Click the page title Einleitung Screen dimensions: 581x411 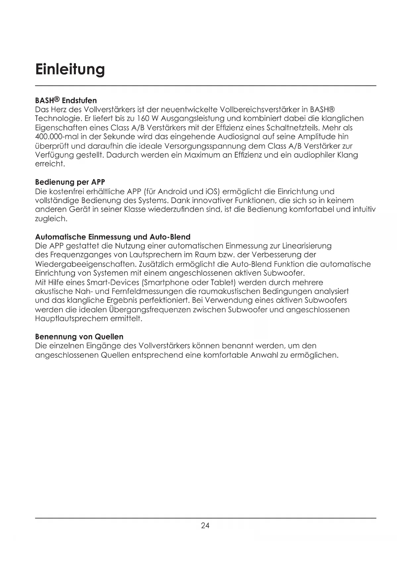pyautogui.click(x=70, y=69)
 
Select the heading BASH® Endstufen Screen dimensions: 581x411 pyautogui.click(x=66, y=100)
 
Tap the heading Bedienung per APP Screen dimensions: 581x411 pyautogui.click(x=70, y=182)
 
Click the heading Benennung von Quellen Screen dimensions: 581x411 pyautogui.click(x=79, y=337)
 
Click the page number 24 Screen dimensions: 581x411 pyautogui.click(x=205, y=526)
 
